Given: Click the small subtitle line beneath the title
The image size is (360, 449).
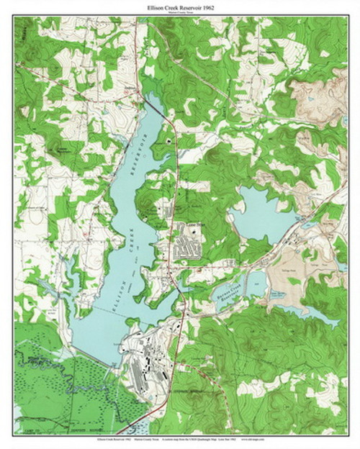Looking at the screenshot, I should tap(180, 14).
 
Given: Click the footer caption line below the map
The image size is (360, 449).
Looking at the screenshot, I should tap(180, 437).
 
